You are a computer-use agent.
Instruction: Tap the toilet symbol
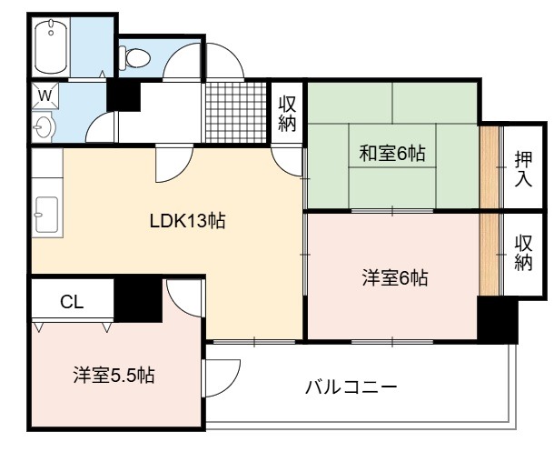point(134,57)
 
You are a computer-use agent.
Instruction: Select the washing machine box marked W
point(45,95)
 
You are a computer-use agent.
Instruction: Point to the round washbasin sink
point(43,126)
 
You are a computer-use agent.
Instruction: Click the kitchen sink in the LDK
point(46,215)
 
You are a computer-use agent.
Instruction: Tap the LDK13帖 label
point(187,221)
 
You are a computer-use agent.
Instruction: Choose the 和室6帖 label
point(391,153)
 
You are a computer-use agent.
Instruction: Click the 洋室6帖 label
point(395,277)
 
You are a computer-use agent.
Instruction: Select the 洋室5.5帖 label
point(114,375)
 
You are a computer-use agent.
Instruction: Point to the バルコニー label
point(351,387)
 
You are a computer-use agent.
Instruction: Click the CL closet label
point(72,302)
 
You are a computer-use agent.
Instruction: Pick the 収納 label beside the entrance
point(287,114)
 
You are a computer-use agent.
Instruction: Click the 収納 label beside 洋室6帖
point(523,253)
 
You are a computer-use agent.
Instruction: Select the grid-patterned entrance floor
point(235,112)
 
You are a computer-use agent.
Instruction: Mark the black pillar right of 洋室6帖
point(497,320)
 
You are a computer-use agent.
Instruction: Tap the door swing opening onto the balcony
point(222,378)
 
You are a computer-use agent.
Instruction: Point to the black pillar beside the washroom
point(124,95)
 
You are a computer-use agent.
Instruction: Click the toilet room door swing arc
point(182,60)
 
